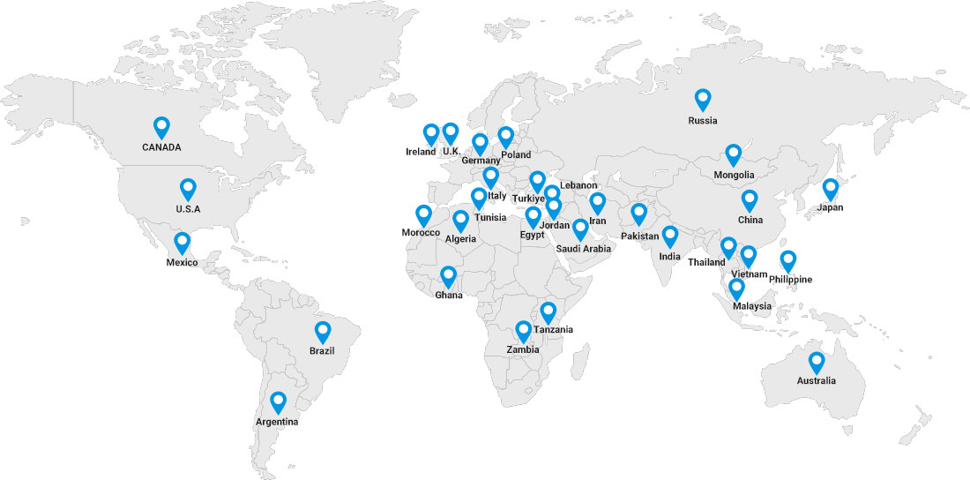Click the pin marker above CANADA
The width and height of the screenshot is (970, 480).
[x=161, y=127]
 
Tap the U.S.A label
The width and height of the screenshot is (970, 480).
[x=188, y=209]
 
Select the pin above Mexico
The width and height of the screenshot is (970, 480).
[x=182, y=242]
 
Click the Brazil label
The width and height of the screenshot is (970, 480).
[x=322, y=351]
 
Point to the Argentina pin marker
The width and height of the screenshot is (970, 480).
[x=278, y=402]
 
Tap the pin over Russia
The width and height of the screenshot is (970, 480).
[x=703, y=100]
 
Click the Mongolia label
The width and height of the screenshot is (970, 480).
[x=734, y=175]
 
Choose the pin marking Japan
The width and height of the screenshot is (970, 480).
[x=830, y=189]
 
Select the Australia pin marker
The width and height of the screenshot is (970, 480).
[x=817, y=362]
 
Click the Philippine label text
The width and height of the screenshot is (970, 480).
[x=790, y=280]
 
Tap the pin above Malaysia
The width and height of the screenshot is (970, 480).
[x=736, y=288]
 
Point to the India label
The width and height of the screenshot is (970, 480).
[x=669, y=257]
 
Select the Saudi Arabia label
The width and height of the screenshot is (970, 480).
[x=583, y=249]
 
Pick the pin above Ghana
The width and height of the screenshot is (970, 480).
[x=449, y=277]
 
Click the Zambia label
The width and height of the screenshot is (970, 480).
[x=522, y=349]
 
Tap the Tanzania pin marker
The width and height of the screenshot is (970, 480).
[x=548, y=311]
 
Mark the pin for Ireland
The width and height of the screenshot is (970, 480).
[x=431, y=133]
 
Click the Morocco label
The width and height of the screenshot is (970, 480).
[x=421, y=232]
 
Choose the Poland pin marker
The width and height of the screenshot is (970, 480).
[x=506, y=137]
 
